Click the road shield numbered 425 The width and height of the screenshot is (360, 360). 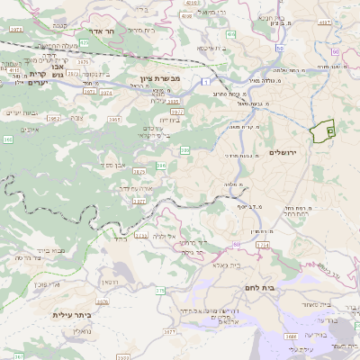pyautogui.click(x=85, y=42)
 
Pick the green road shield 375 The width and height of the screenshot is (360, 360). pyautogui.click(x=160, y=290)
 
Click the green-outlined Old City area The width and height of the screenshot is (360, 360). pyautogui.click(x=321, y=131)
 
